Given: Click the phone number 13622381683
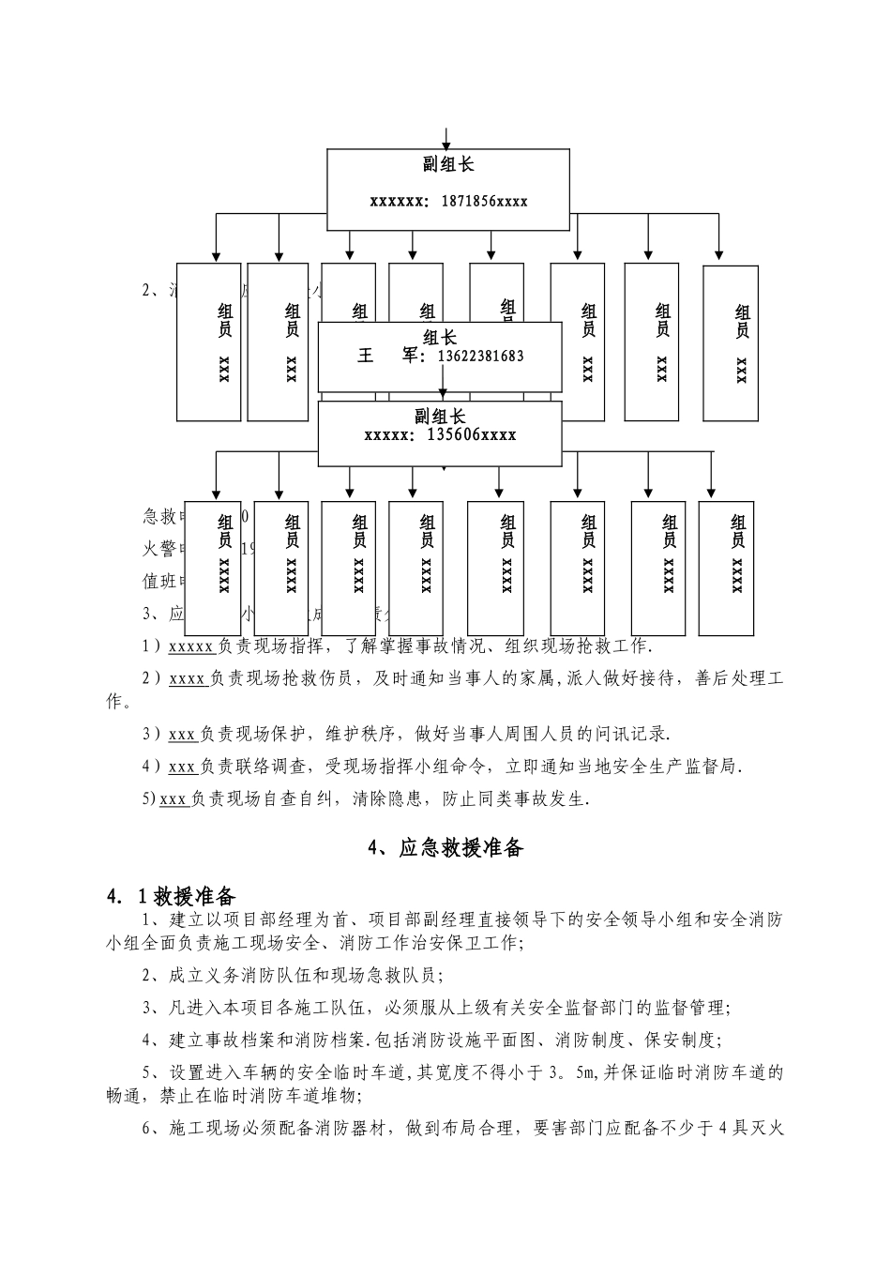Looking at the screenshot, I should [481, 356].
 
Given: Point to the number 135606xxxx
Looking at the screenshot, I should [471, 434].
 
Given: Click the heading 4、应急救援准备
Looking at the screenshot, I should [445, 848].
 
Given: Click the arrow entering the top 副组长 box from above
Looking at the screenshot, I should [446, 138].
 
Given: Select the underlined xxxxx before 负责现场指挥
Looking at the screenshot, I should [190, 646].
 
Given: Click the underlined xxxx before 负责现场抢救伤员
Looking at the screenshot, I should [187, 679].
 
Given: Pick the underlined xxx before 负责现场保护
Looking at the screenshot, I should [181, 735].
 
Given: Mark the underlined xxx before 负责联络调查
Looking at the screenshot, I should [181, 767].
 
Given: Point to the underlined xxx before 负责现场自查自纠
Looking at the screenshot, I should [174, 799].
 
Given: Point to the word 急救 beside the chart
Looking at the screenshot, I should [159, 516].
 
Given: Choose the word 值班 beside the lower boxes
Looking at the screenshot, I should [159, 582].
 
